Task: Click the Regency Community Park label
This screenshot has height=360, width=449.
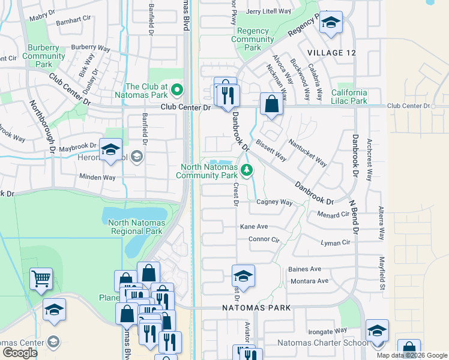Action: [x=253, y=39]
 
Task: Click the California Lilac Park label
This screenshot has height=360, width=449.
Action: [x=349, y=97]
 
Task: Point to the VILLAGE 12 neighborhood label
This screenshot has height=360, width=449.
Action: [x=331, y=53]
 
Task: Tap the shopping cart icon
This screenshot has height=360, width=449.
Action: [x=41, y=278]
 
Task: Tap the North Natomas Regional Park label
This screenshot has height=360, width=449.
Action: [x=135, y=227]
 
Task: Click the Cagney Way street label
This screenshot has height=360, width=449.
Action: [x=274, y=202]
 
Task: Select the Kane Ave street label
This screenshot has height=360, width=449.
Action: [x=254, y=227]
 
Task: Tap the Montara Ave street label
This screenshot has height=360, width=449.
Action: [x=309, y=281]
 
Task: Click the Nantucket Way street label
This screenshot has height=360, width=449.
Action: [x=307, y=154]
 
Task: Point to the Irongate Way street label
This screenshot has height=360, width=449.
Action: [x=328, y=330]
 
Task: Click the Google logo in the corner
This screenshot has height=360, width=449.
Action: [x=20, y=353]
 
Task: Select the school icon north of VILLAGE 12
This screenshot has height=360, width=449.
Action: [x=330, y=23]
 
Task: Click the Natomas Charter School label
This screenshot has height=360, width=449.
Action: [x=323, y=343]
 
